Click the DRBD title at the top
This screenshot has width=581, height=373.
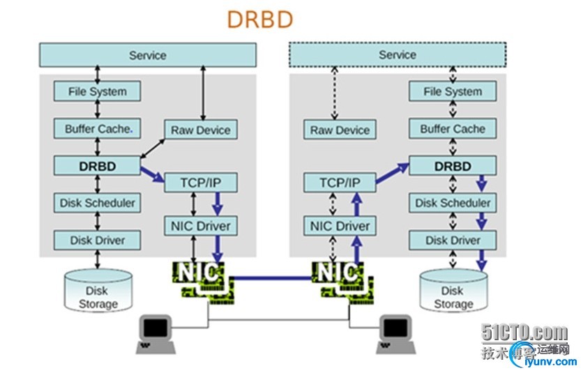pos(259,20)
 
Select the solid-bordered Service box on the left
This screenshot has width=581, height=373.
pos(147,55)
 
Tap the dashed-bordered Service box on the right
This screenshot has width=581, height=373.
pos(397,54)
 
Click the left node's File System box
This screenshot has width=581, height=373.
pos(98,91)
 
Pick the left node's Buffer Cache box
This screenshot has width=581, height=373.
pos(98,129)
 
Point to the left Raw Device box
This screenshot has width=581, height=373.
pos(200,130)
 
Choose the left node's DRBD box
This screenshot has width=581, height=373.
pos(98,166)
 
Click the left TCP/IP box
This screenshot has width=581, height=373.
pos(200,183)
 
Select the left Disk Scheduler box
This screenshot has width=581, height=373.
pos(98,203)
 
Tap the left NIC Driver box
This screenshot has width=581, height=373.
pos(200,226)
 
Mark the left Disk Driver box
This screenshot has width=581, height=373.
pos(98,241)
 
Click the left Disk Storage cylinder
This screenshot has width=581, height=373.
pos(98,292)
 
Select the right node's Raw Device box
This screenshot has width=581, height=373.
pos(340,130)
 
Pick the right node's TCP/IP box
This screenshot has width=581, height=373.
pos(340,183)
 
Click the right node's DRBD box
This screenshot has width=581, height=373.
pos(453,166)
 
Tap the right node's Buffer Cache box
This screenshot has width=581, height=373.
pos(453,129)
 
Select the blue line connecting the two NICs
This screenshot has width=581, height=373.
pos(272,277)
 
